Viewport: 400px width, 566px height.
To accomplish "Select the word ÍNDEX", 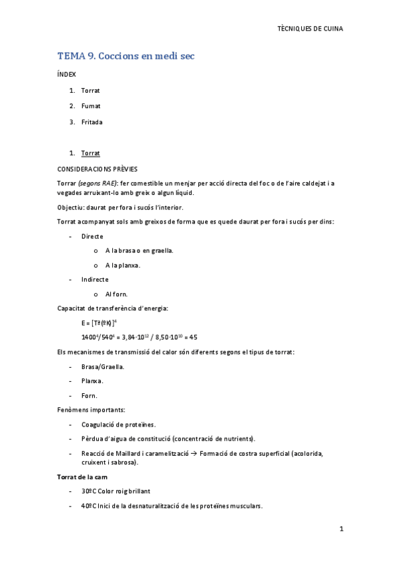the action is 67,75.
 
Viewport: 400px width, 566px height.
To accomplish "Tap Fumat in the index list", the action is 90,106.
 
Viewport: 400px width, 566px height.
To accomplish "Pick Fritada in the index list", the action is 91,122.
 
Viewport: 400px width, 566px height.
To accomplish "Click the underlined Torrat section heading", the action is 90,154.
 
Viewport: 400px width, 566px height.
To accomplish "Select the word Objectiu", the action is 72,207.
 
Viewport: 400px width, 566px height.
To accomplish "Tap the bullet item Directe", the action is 91,236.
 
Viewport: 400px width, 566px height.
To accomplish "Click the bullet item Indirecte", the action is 95,279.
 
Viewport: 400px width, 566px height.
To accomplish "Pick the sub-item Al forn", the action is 116,294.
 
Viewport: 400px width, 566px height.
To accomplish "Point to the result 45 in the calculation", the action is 194,337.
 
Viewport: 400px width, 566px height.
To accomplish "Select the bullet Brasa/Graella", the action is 103,366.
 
